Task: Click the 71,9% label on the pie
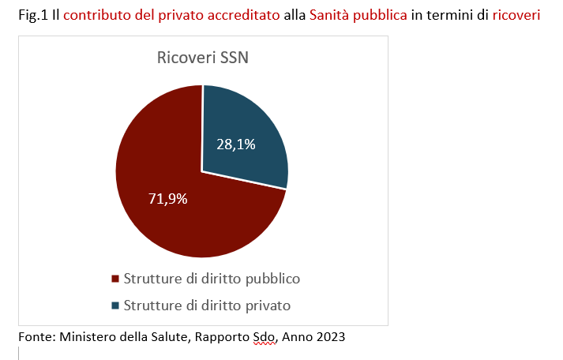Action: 168,198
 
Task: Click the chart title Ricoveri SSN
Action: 202,59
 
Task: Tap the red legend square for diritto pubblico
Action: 115,279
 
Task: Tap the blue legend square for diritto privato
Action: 115,305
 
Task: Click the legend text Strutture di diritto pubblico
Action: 212,279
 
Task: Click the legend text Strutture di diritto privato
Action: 208,305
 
